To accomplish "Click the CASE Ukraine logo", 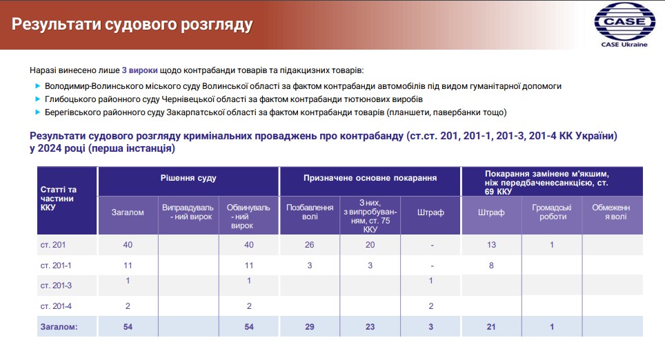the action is click(x=624, y=25).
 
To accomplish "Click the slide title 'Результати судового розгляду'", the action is click(x=132, y=24).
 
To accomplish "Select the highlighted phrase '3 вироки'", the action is click(x=139, y=70).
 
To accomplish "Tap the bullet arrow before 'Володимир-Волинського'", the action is click(x=38, y=86).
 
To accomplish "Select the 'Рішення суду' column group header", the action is click(x=188, y=178).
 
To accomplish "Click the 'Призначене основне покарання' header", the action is click(x=370, y=178).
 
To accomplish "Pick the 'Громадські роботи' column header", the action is click(x=552, y=212).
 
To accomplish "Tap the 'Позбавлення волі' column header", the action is click(x=310, y=212).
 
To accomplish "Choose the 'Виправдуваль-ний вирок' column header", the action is click(x=188, y=212).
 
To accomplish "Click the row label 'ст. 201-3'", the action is click(x=56, y=286).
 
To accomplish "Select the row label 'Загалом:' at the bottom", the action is click(x=59, y=327).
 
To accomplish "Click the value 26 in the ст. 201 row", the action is click(x=310, y=245).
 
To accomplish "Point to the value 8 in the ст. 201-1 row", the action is click(x=491, y=266).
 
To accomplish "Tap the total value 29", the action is click(x=310, y=327).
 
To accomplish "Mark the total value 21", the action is click(x=491, y=327).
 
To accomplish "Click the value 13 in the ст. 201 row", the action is click(x=491, y=245).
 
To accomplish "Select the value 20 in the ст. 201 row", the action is click(x=370, y=245).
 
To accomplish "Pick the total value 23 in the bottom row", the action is click(x=370, y=327).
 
